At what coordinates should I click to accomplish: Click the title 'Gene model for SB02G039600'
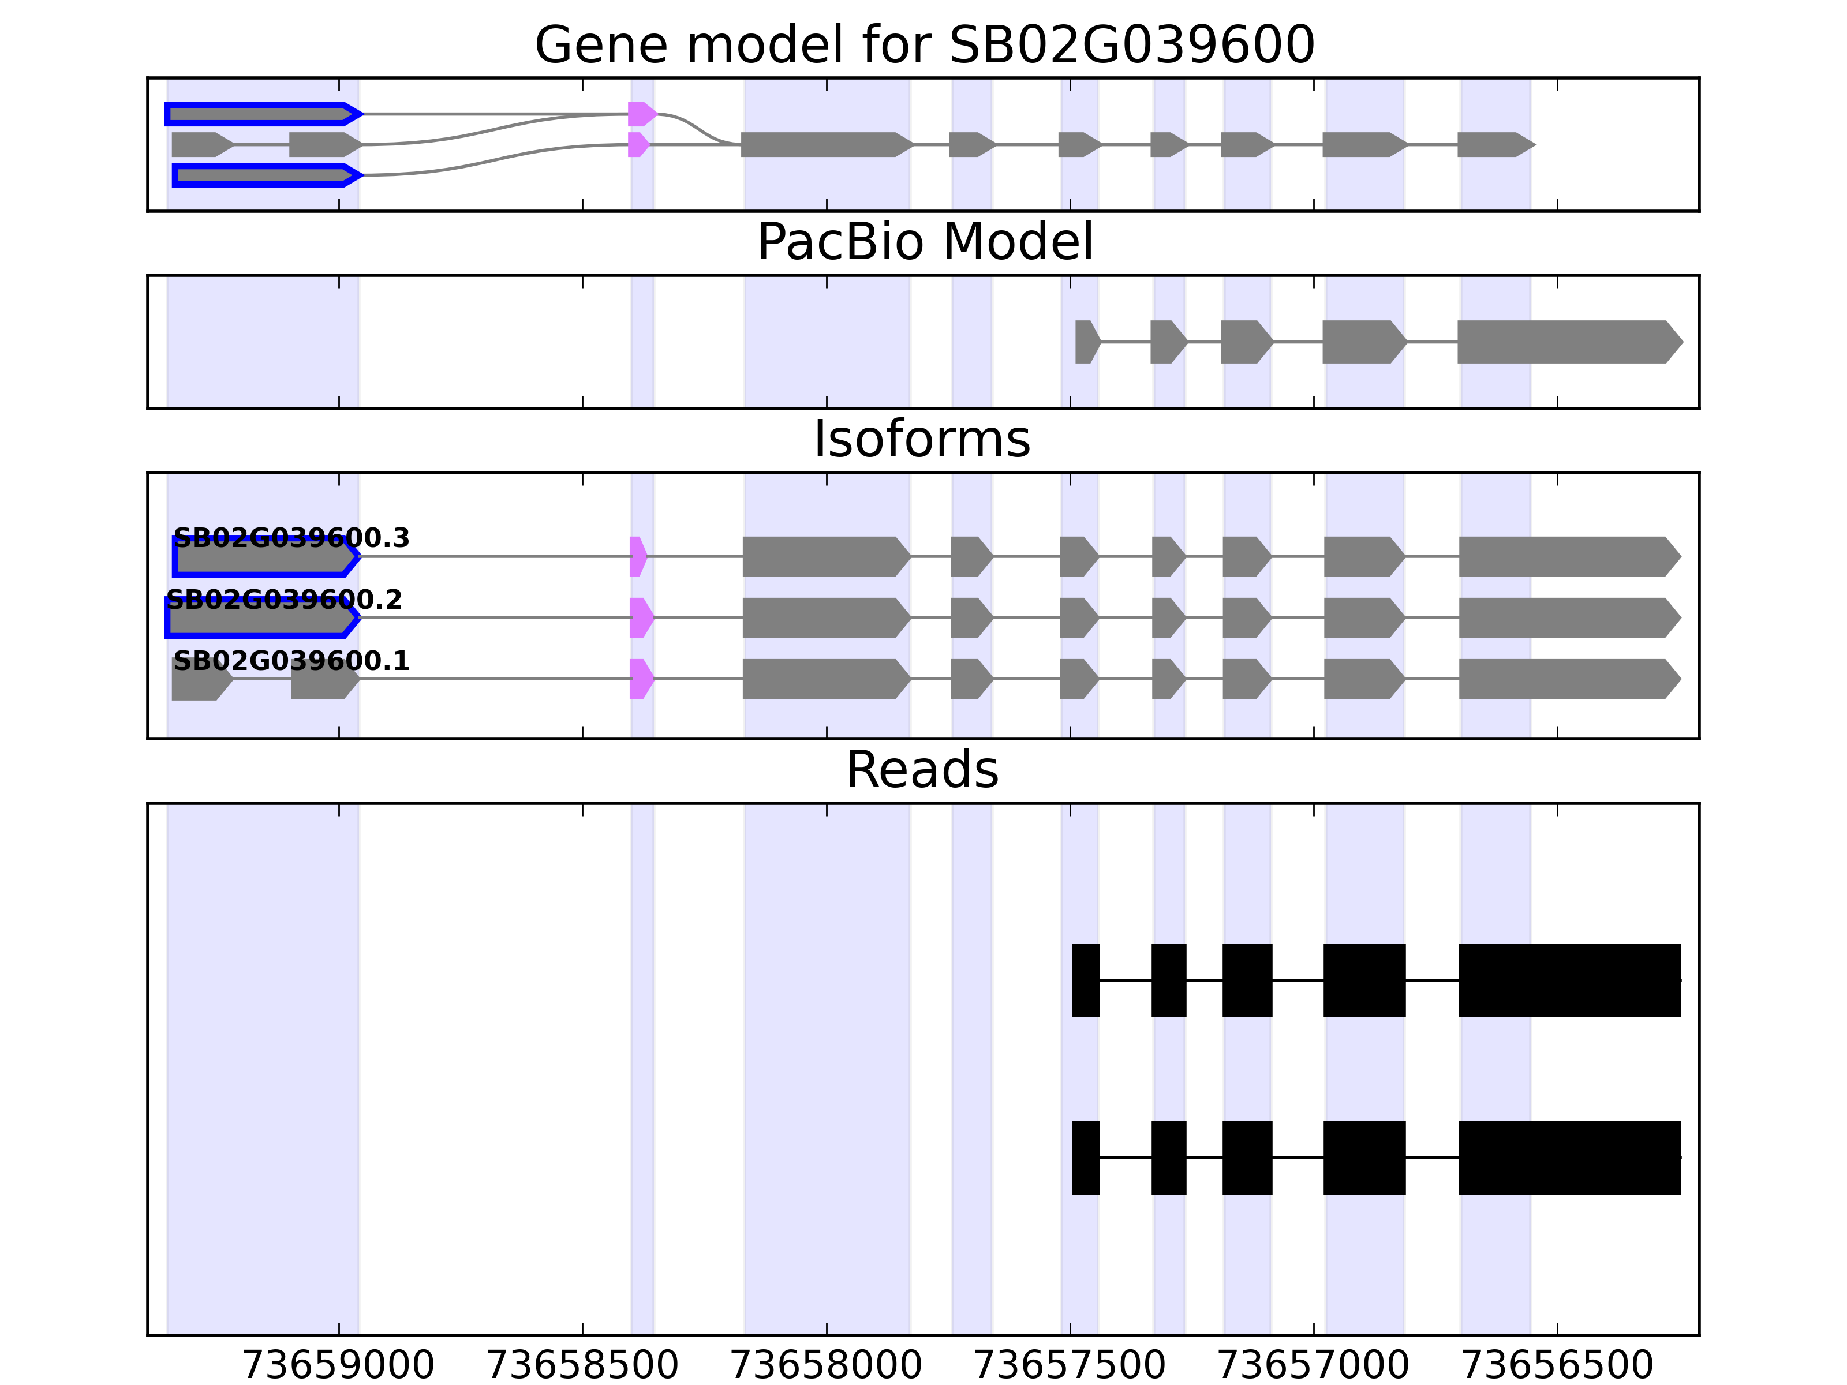click(923, 45)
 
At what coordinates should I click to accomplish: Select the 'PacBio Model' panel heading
click(923, 242)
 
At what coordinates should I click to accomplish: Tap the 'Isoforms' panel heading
click(922, 439)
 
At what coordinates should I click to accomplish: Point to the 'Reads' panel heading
click(922, 770)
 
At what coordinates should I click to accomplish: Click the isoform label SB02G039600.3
click(291, 538)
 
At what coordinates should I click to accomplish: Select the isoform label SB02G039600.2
click(284, 600)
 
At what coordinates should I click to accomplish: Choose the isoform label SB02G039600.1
click(291, 661)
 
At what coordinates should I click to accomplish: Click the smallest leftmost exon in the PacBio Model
click(1086, 342)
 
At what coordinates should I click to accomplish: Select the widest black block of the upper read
click(1569, 980)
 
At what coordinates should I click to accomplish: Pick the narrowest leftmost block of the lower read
click(1086, 1157)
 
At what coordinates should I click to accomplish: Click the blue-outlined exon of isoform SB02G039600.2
click(260, 619)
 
